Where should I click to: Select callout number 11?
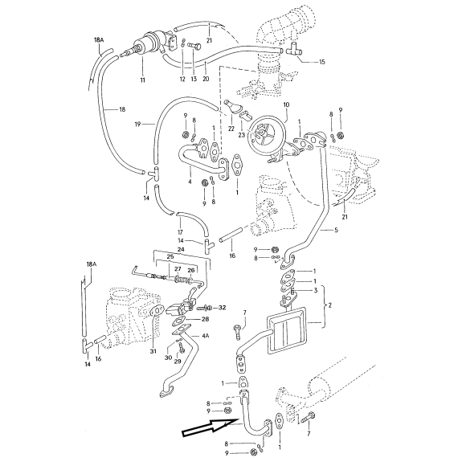click(x=142, y=80)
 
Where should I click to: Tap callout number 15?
click(x=322, y=62)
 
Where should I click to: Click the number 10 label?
click(x=286, y=104)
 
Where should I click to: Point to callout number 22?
click(x=231, y=129)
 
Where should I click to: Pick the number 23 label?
click(x=242, y=135)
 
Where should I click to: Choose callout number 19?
click(x=138, y=124)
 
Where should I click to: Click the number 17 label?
click(x=180, y=232)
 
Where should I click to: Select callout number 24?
click(x=181, y=249)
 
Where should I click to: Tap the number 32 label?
click(x=223, y=308)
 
